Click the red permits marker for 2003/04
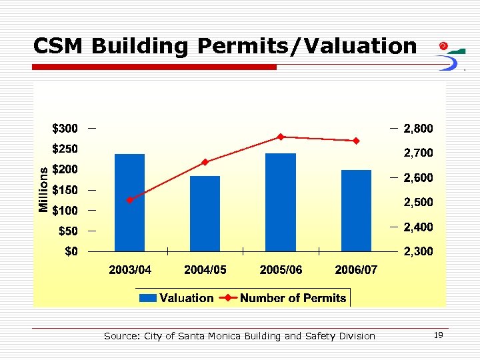click(x=130, y=200)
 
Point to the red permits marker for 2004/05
click(x=205, y=162)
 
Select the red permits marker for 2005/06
click(x=281, y=137)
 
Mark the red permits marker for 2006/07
click(x=357, y=141)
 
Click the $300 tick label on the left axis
click(x=65, y=128)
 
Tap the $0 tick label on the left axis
click(x=69, y=251)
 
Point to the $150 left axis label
click(x=65, y=190)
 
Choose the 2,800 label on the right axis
click(x=418, y=128)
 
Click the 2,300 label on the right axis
click(x=418, y=251)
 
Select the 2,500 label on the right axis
click(x=418, y=202)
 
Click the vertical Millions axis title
click(x=43, y=189)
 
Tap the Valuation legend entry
click(x=177, y=298)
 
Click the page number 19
click(x=438, y=335)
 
